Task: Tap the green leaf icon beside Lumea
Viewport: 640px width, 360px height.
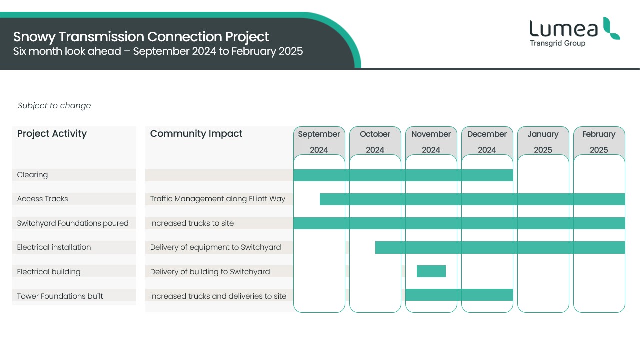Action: (611, 28)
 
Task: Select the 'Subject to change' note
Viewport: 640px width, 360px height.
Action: (54, 106)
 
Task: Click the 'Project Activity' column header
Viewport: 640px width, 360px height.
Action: (52, 134)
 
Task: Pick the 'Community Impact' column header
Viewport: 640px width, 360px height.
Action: (196, 134)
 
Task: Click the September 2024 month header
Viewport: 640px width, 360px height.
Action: (319, 142)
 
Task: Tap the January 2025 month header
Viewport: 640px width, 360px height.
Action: (543, 142)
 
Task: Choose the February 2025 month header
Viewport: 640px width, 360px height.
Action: (599, 142)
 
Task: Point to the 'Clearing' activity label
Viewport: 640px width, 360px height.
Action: (32, 175)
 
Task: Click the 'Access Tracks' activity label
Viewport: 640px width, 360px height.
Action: (42, 199)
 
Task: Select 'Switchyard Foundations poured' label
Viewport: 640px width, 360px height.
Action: (73, 223)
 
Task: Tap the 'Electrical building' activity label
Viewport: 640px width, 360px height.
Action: (49, 272)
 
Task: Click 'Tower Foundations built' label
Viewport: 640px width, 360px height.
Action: (60, 296)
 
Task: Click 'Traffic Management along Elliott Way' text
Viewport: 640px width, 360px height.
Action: (218, 199)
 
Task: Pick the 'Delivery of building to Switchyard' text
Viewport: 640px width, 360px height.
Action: (210, 272)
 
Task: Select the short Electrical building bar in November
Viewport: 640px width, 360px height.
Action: (431, 271)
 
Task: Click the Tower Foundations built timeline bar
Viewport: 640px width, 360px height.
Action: (459, 295)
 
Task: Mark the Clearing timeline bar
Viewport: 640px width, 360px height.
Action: (403, 175)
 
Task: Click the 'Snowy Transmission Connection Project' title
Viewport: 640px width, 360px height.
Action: (141, 37)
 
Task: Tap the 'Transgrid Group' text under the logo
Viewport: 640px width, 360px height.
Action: (557, 43)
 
